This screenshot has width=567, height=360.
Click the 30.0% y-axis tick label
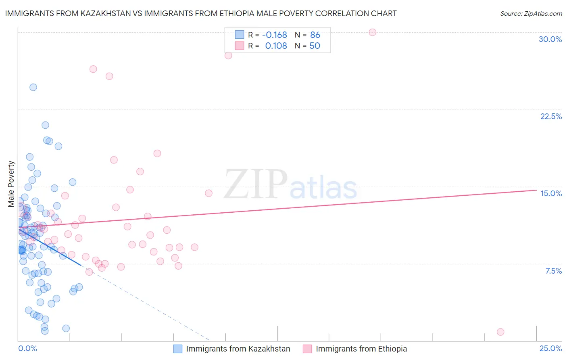pyautogui.click(x=550, y=39)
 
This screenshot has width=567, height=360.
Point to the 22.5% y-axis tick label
pyautogui.click(x=551, y=116)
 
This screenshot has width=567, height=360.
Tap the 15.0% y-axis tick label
pyautogui.click(x=551, y=193)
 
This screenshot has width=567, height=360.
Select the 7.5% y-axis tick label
pyautogui.click(x=553, y=271)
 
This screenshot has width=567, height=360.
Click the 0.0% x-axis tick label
pyautogui.click(x=27, y=348)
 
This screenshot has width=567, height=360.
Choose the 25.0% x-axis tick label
pyautogui.click(x=550, y=348)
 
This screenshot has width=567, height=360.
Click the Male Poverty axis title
pyautogui.click(x=11, y=184)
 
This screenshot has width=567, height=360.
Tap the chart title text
pyautogui.click(x=201, y=13)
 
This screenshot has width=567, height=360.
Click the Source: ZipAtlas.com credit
pyautogui.click(x=531, y=13)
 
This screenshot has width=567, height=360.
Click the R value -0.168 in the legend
pyautogui.click(x=274, y=35)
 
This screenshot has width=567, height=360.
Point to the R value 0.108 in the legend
pyautogui.click(x=276, y=46)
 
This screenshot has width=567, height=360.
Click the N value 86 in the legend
pyautogui.click(x=315, y=35)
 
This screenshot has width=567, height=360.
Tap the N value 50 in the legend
pyautogui.click(x=315, y=46)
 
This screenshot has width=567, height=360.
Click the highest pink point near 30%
pyautogui.click(x=372, y=32)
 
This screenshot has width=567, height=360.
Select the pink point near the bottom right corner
pyautogui.click(x=500, y=332)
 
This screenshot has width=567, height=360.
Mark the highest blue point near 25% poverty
pyautogui.click(x=33, y=87)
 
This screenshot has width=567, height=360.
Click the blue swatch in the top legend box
pyautogui.click(x=240, y=35)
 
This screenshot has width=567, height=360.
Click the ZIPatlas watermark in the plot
pyautogui.click(x=290, y=184)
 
